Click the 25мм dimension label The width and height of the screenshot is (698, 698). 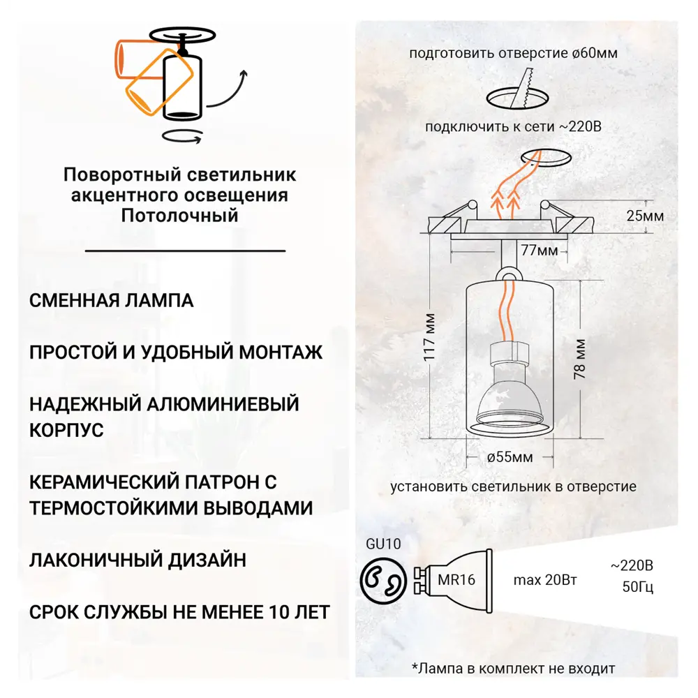pos(644,216)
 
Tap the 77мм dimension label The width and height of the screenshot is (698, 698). pos(539,249)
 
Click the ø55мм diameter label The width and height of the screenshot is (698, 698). pos(510,458)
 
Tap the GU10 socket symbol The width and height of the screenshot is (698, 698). pos(382,579)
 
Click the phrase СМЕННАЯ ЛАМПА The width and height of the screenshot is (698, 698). pos(112,301)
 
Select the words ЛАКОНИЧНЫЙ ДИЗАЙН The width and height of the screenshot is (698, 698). pos(138,560)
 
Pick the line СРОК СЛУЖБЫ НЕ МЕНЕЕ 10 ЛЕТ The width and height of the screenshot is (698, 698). pos(179,612)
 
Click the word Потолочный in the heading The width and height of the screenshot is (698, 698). pos(179,215)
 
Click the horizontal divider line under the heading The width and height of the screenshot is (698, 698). pos(185,250)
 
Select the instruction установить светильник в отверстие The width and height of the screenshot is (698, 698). pos(513,487)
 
